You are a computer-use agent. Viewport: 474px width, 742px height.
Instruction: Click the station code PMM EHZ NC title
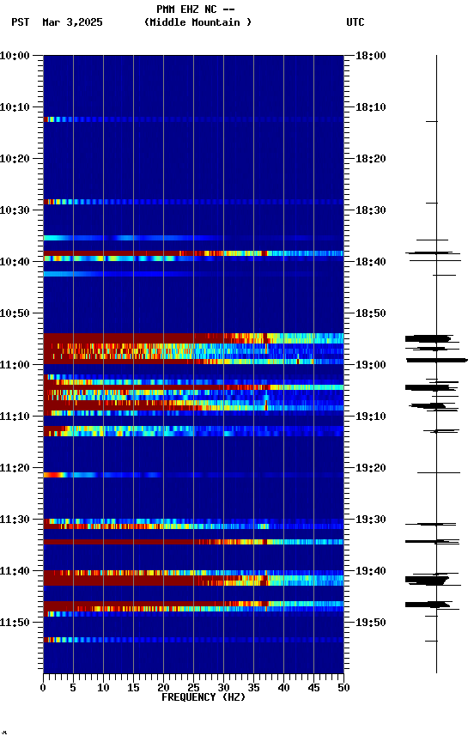tap(196, 9)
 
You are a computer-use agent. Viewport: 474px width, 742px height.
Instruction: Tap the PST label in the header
tap(21, 22)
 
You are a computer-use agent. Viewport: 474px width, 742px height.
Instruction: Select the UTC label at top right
tap(355, 22)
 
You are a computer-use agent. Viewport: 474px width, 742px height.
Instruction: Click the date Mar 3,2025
tap(72, 22)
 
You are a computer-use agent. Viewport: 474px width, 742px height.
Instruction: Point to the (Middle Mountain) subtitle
tap(198, 22)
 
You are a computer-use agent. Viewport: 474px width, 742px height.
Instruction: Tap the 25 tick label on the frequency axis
tap(193, 687)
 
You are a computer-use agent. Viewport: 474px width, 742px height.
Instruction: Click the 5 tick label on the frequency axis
tap(73, 687)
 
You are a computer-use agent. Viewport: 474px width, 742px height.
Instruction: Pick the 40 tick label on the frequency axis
tap(283, 687)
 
